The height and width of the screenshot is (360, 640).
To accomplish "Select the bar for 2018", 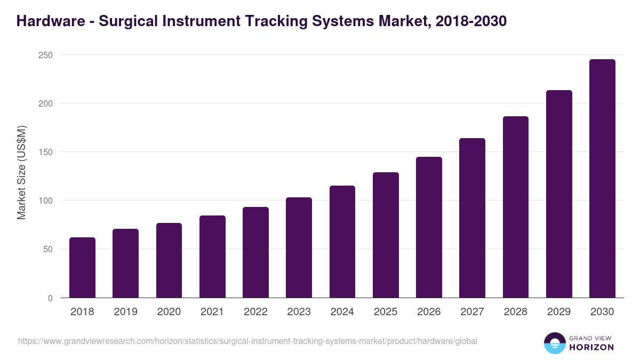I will click(x=82, y=268).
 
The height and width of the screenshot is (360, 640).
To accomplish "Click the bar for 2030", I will click(x=602, y=179).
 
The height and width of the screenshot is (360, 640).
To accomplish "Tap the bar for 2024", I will click(x=342, y=242).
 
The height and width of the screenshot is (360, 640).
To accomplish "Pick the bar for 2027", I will click(x=472, y=218).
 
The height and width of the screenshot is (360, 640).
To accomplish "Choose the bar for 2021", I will click(x=212, y=257).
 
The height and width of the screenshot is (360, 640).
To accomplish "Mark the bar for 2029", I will click(x=559, y=194).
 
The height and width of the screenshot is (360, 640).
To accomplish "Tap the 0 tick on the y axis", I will click(x=50, y=298).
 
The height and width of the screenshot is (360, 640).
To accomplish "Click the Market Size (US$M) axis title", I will click(x=21, y=172).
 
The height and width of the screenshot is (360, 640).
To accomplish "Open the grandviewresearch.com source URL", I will click(x=247, y=341).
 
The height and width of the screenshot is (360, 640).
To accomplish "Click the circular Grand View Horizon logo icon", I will click(x=554, y=343).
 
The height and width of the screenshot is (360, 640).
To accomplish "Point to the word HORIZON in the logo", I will click(x=591, y=347).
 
